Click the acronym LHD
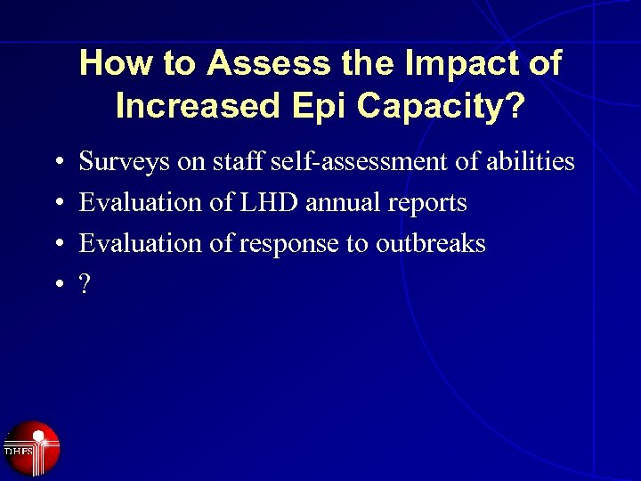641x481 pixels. (270, 202)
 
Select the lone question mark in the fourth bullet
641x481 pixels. (85, 284)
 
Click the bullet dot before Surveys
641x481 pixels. (57, 164)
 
